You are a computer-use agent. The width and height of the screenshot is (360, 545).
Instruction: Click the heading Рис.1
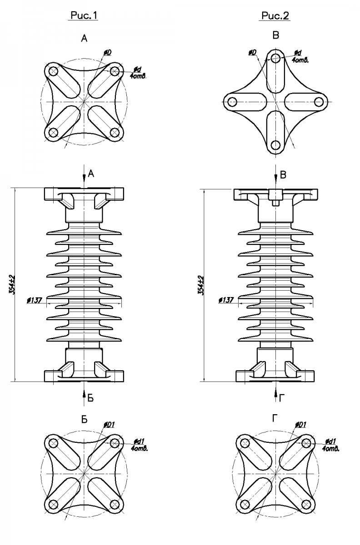[x=84, y=16]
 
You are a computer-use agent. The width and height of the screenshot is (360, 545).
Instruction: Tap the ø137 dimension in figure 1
[x=35, y=300]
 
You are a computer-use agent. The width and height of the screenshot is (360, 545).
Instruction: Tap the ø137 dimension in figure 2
[x=226, y=300]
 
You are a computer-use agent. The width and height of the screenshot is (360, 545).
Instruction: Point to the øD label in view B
[x=253, y=54]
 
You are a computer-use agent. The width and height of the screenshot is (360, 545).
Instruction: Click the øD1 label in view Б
[x=110, y=425]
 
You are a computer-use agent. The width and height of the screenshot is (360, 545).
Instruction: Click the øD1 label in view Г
[x=301, y=425]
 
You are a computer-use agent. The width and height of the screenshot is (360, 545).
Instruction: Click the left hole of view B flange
[x=231, y=101]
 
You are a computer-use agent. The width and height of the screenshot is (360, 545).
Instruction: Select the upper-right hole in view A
[x=115, y=71]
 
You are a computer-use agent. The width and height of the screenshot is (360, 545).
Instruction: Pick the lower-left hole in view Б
[x=53, y=504]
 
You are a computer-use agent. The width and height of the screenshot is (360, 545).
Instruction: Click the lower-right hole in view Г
[x=306, y=504]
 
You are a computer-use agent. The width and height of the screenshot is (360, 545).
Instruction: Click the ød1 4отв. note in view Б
[x=139, y=444]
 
